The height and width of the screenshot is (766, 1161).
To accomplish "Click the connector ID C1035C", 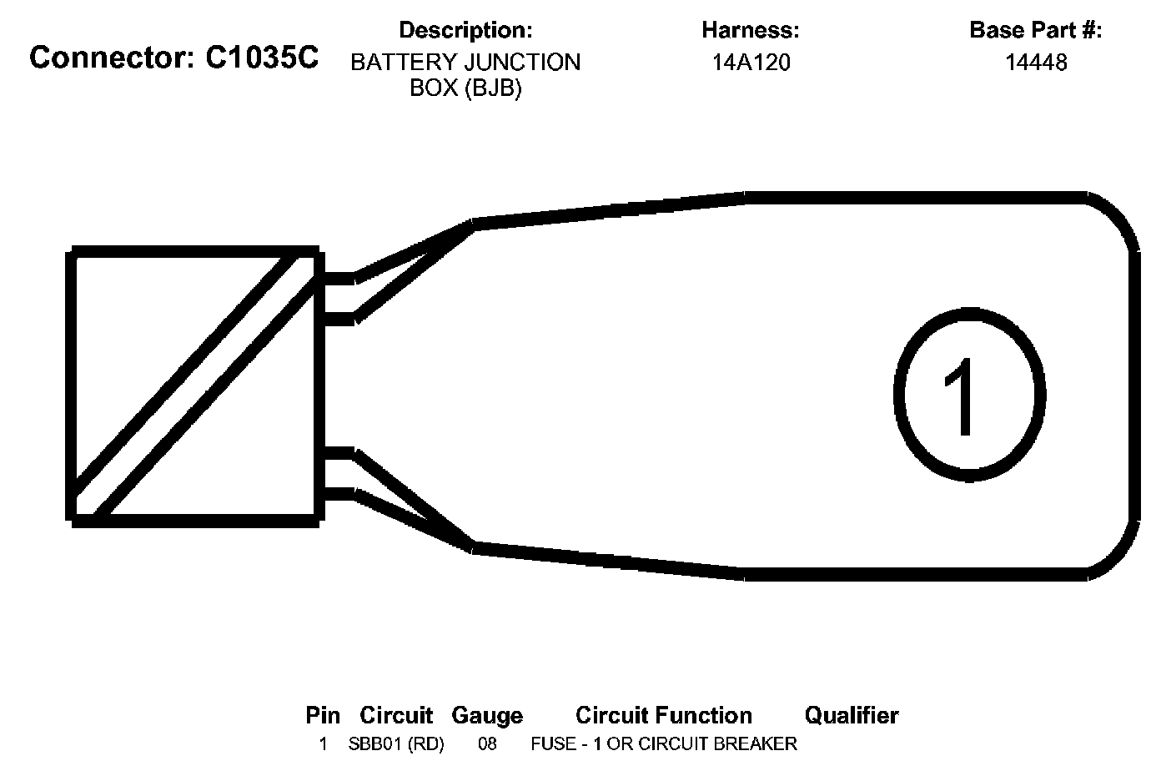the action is point(262,58).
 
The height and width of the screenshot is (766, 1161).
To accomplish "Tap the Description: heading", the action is point(465,31).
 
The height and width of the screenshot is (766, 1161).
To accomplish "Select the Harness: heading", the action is point(751,31).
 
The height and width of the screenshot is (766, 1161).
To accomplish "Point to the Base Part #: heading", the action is point(1035,31).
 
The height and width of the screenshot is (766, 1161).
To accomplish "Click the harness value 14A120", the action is point(751,63).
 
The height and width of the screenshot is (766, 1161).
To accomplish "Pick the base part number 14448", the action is point(1035,63).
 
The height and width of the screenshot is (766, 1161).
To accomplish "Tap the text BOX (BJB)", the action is point(465,88).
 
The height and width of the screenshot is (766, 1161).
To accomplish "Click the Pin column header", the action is point(323,716).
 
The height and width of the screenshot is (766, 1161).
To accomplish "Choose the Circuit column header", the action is point(396,716).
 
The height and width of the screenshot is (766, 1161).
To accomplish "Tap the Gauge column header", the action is point(487,716).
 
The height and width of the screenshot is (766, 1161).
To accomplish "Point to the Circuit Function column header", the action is point(664,716).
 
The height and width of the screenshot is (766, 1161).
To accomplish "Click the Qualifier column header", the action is point(852,716).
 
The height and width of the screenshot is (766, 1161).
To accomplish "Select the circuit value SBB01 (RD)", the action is point(396,743).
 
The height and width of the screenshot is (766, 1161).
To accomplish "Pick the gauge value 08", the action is point(487,743).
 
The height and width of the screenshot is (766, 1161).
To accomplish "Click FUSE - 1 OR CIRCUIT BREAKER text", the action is point(664,743).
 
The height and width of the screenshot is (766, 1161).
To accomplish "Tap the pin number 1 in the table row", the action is point(323,743).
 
